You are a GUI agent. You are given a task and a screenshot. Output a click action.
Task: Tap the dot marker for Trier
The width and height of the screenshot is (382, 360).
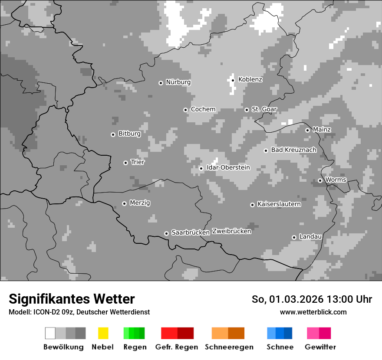point(125,163)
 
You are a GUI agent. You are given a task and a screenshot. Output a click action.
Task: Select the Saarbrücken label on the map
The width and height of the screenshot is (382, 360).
point(191,232)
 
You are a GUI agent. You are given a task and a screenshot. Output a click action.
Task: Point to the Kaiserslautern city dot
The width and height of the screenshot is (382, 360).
point(252,205)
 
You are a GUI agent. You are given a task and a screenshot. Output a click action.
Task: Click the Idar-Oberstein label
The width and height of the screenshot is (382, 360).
point(228,167)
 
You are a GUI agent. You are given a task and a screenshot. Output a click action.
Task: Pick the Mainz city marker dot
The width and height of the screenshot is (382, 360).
point(307,130)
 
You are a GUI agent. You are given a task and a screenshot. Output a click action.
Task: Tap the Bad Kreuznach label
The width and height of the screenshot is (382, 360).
point(293,150)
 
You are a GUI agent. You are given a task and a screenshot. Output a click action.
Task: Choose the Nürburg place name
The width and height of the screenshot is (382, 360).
point(178,82)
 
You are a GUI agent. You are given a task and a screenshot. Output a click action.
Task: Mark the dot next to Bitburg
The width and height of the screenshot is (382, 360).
point(113,134)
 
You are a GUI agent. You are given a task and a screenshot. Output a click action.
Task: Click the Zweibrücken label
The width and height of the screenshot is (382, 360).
point(232,231)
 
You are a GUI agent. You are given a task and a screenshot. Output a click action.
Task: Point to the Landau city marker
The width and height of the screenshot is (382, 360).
point(294,237)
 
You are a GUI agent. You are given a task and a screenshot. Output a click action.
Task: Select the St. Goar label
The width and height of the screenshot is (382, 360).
point(264,109)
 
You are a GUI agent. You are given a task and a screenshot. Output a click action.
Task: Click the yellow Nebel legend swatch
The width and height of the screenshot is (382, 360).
point(103,333)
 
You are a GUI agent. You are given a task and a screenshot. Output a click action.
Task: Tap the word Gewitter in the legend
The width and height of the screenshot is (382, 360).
point(320,347)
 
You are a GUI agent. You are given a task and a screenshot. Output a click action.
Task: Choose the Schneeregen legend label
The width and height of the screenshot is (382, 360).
point(229,347)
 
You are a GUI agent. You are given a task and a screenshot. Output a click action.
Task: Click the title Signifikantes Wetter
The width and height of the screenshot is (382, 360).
point(72,299)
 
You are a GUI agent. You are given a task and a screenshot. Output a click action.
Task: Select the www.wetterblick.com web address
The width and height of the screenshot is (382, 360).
point(313,312)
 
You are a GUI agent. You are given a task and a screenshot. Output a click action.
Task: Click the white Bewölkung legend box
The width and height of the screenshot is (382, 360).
point(50,333)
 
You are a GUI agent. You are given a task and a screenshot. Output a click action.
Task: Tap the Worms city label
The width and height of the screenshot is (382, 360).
point(336,180)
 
